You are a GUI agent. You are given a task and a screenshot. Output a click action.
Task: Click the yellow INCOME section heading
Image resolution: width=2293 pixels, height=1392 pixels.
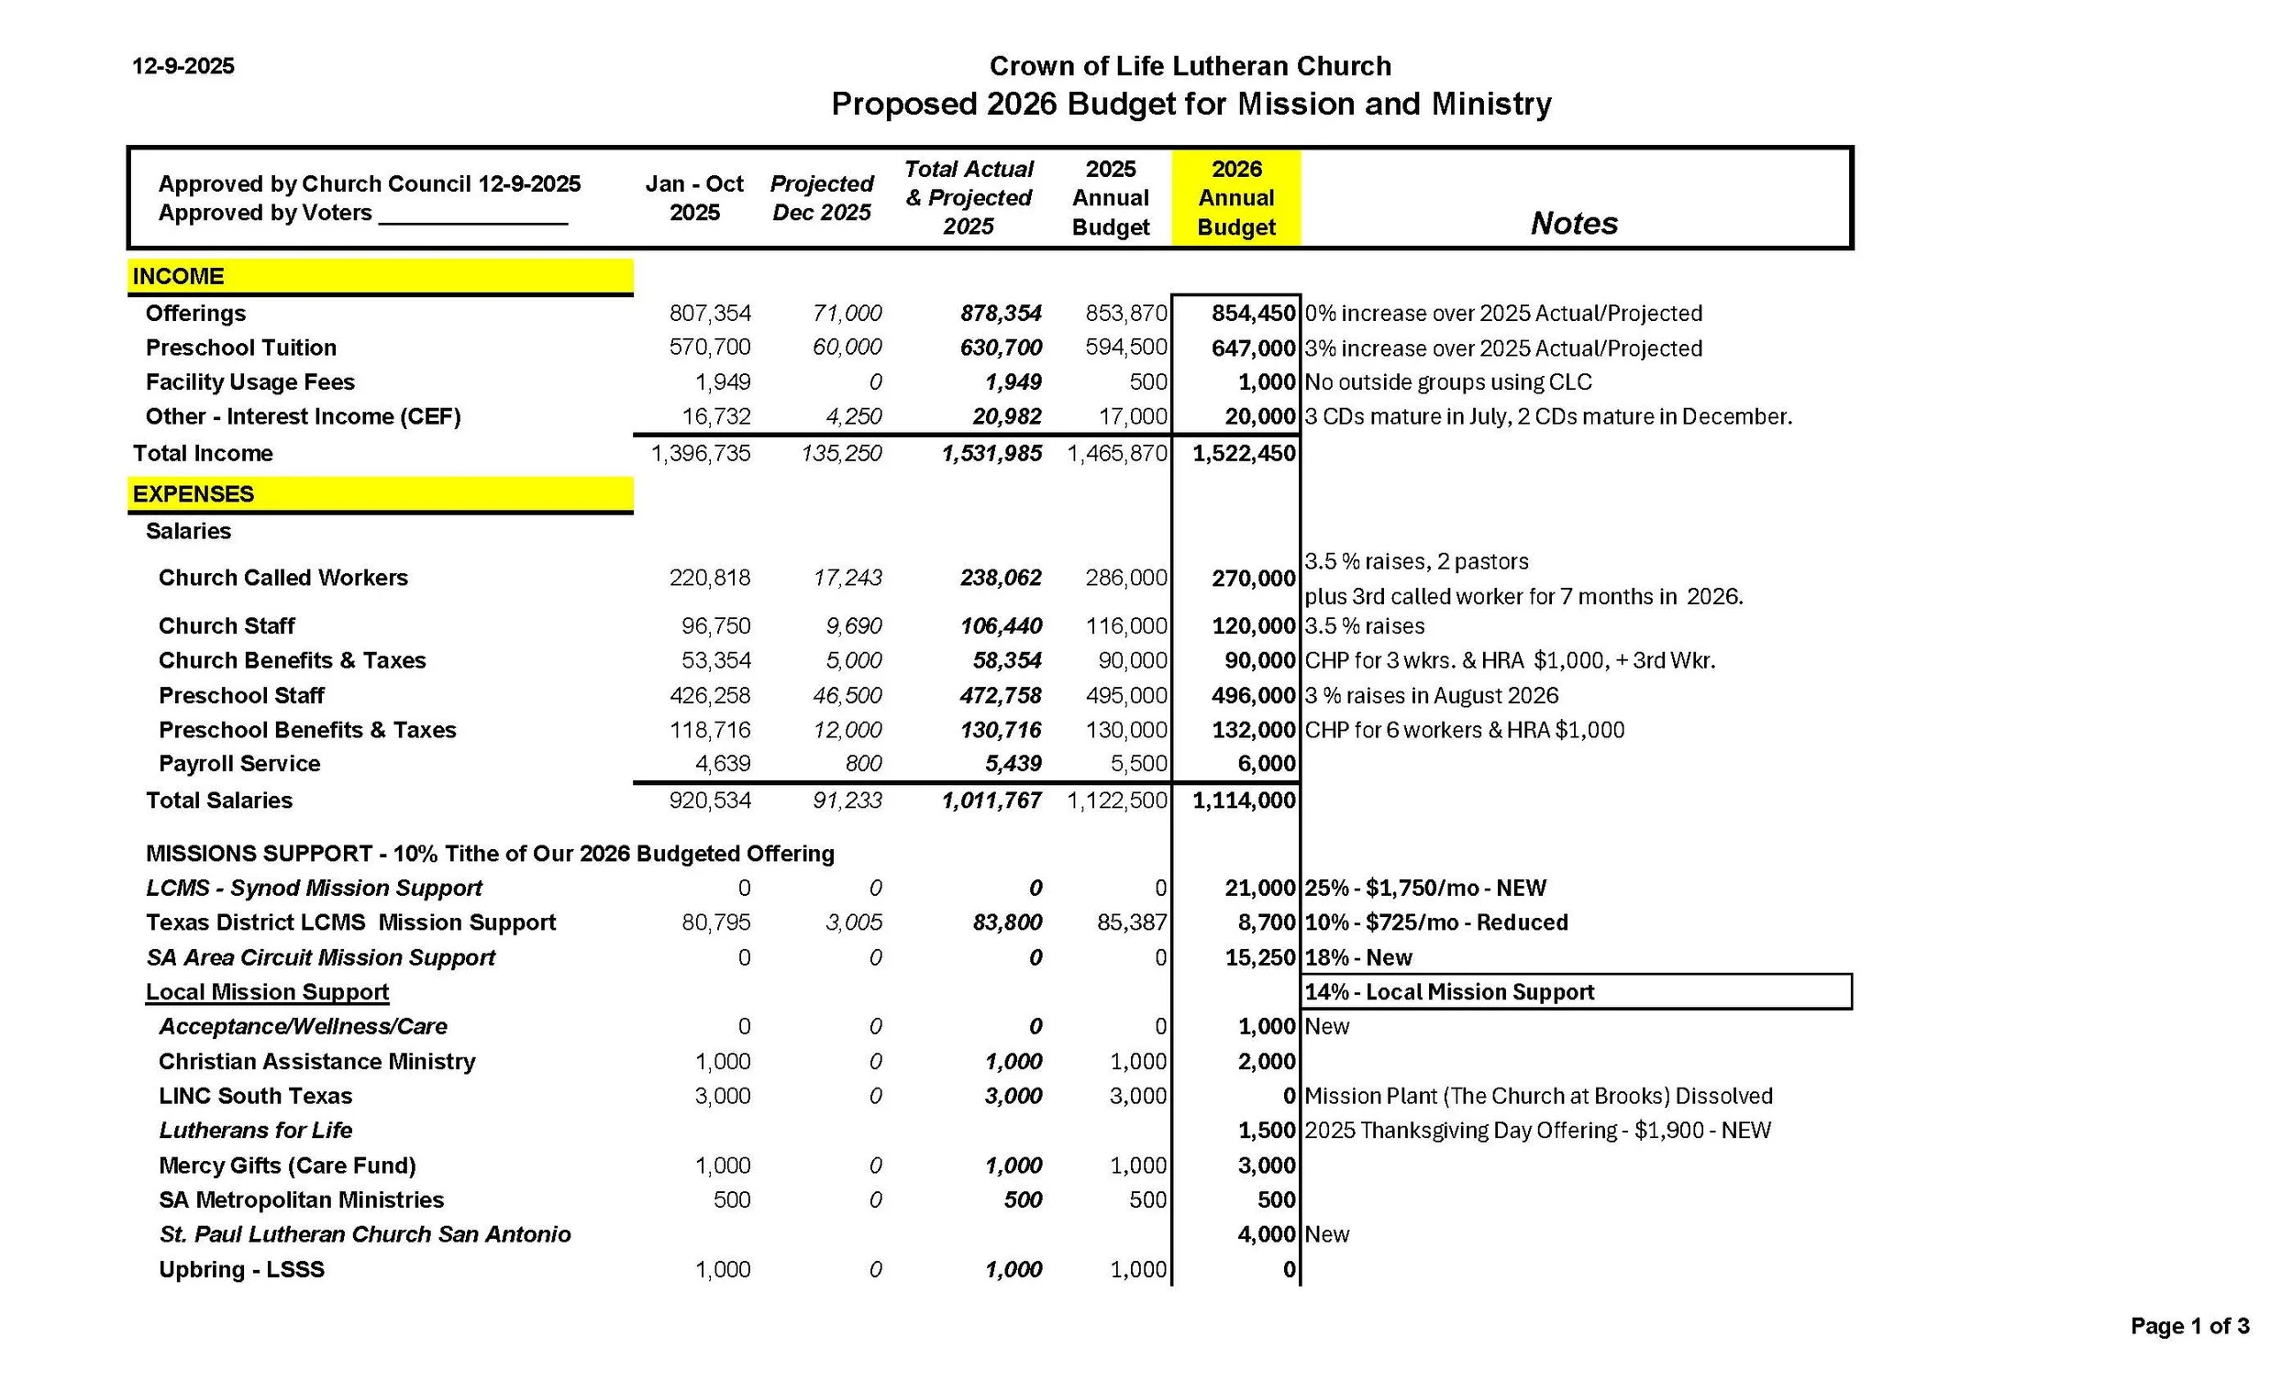coord(179,276)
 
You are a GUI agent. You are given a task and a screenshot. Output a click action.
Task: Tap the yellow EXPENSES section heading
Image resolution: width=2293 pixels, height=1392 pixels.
coord(194,494)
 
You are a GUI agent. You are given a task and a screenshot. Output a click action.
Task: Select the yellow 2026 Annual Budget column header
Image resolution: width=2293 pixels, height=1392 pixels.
coord(1235,198)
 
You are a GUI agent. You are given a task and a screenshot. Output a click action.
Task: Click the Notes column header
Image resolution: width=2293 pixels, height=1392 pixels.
coord(1574,224)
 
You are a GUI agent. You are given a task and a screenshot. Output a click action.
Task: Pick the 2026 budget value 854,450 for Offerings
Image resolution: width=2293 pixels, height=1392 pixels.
coord(1253,314)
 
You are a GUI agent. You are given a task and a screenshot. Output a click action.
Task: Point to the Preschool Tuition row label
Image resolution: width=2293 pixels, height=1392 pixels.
coord(241,348)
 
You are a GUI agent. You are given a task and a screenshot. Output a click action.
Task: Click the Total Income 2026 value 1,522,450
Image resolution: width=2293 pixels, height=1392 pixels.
coord(1245,454)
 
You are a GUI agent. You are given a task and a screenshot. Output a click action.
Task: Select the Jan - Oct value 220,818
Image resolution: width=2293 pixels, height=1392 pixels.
coord(709,578)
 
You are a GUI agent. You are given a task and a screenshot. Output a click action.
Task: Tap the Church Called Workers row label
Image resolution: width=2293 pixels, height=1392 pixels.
coord(282,578)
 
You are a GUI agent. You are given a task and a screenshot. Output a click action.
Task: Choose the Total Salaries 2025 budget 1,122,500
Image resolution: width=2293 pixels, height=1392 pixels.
coord(1117,801)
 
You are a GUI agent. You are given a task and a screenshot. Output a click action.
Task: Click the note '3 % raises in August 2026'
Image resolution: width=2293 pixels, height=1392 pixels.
coord(1431,696)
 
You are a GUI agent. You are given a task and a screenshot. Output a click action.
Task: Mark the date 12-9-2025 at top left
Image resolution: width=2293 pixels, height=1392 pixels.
coord(183,66)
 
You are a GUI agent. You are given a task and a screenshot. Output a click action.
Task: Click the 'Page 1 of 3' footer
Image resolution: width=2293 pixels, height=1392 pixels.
coord(2189,1326)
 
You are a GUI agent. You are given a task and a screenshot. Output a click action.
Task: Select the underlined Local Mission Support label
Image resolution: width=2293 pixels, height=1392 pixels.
coord(267,992)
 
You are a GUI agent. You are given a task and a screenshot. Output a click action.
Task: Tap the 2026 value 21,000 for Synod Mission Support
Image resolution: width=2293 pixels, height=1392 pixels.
coord(1259,889)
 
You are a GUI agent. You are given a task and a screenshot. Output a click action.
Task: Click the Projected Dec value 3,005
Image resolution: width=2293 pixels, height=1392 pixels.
coord(853,923)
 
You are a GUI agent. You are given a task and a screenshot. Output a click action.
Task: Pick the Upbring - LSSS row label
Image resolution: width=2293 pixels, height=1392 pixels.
coord(242,1270)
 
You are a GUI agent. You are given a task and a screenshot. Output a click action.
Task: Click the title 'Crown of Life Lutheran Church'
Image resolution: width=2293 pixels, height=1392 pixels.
coord(1191,66)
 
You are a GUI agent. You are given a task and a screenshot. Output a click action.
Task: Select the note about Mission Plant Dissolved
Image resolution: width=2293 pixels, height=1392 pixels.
coord(1538,1096)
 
